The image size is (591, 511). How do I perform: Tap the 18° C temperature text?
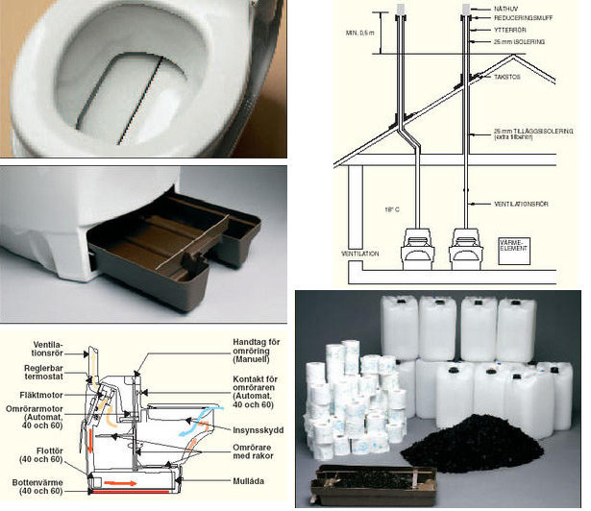[x=387, y=207]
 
